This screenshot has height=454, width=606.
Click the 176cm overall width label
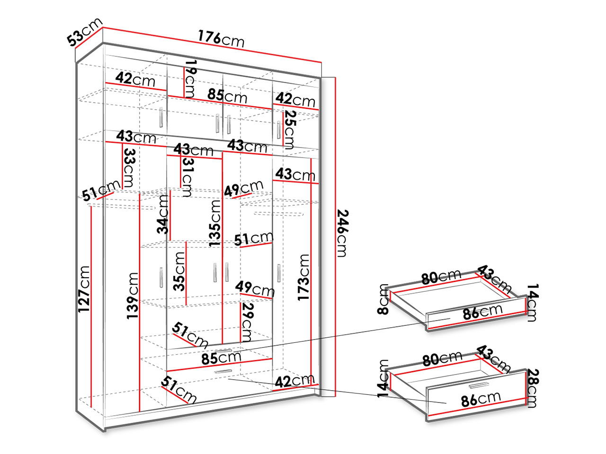(x=221, y=38)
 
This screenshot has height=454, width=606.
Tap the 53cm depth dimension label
(x=84, y=33)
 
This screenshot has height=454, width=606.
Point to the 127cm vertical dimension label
(x=84, y=288)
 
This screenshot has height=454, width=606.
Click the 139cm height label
(x=133, y=296)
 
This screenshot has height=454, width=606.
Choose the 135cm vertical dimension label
(x=215, y=223)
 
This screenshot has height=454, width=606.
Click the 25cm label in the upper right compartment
(x=289, y=129)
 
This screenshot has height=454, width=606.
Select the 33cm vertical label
(x=129, y=167)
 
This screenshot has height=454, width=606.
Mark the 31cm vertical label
(x=187, y=177)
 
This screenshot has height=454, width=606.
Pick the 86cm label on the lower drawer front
(x=481, y=399)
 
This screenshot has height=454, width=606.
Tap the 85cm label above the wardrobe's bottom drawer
(x=221, y=358)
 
